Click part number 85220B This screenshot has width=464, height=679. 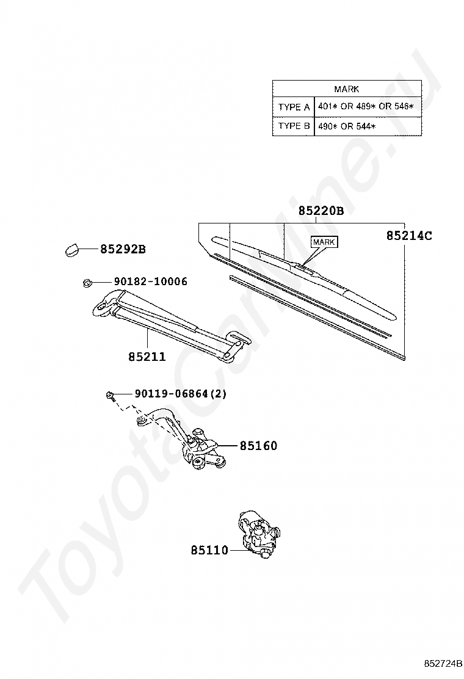point(321,212)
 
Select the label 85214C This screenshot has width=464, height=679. point(408,235)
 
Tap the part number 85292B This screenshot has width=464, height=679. point(123,249)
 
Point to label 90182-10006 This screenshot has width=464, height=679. point(150,281)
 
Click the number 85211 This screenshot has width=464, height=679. point(147,357)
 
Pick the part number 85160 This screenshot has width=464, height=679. point(258,446)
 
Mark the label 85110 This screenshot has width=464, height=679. point(208,550)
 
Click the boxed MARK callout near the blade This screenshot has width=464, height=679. point(324,242)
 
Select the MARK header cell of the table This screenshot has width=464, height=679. point(347,89)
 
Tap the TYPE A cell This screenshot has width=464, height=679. point(294,107)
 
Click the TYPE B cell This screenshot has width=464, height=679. point(294,126)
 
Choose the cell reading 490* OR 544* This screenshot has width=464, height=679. point(346,126)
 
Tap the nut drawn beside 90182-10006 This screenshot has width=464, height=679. point(87,282)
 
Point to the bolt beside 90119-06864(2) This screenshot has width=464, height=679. point(110,395)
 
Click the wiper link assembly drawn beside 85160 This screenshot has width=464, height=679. point(195,446)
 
